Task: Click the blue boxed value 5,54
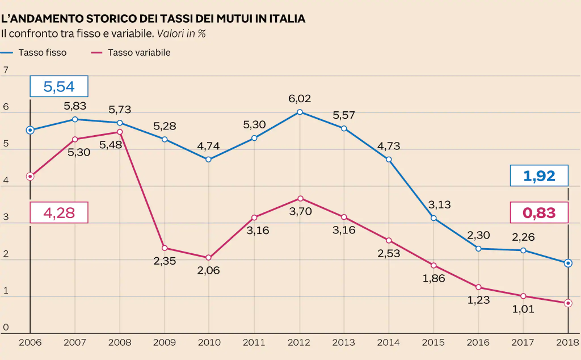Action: click(x=59, y=87)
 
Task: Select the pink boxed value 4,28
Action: click(x=59, y=213)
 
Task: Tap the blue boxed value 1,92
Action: click(x=539, y=176)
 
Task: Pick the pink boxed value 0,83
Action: click(x=539, y=213)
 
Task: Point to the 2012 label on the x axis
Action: click(x=299, y=343)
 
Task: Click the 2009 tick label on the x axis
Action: click(x=165, y=343)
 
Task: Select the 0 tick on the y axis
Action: click(x=6, y=327)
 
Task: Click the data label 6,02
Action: click(x=300, y=98)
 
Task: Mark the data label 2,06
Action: click(x=209, y=270)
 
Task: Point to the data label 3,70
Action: click(x=300, y=212)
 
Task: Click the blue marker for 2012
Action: click(x=300, y=112)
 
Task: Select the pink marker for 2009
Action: click(x=165, y=248)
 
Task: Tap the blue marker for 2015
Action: click(x=434, y=218)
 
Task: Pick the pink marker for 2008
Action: click(x=120, y=132)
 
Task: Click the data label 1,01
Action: click(x=523, y=309)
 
